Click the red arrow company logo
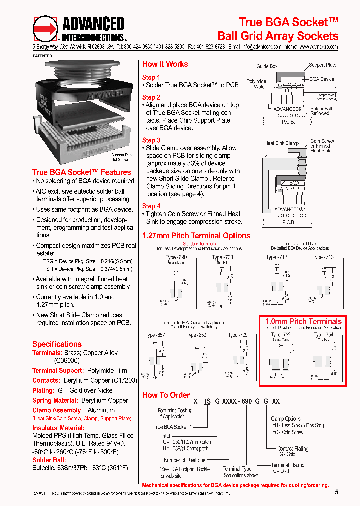[x=45, y=29]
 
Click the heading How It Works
[x=165, y=64]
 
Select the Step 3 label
[x=151, y=140]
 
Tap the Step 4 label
[x=151, y=206]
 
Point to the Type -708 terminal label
[x=223, y=257]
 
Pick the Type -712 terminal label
[x=277, y=257]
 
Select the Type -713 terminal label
[x=323, y=257]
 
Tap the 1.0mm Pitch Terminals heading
[x=303, y=321]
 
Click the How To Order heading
[x=166, y=395]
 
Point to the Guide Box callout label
[x=267, y=66]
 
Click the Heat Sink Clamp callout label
[x=281, y=143]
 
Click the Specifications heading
[x=57, y=344]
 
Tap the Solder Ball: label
[x=49, y=460]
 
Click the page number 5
[x=336, y=492]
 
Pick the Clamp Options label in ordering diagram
[x=286, y=419]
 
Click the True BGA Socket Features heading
[x=81, y=172]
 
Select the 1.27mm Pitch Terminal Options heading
[x=196, y=236]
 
